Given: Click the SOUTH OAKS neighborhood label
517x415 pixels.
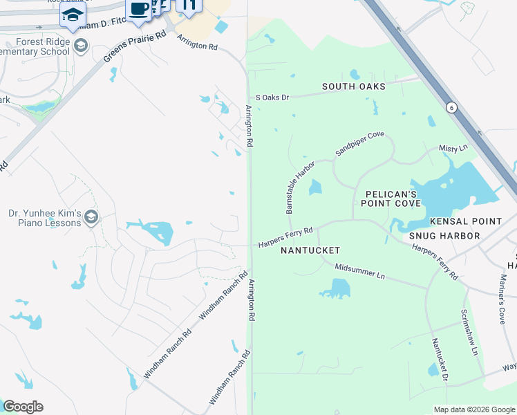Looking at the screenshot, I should click(353, 86).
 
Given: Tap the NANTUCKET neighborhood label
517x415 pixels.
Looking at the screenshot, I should click(310, 250).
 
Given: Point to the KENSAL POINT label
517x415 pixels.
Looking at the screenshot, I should click(465, 221).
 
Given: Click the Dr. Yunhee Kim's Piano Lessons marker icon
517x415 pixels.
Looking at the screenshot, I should click(91, 219).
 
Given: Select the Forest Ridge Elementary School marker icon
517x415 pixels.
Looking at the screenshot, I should click(81, 46).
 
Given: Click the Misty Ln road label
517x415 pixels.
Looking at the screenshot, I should click(453, 149).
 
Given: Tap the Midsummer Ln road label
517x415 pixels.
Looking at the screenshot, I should click(359, 272).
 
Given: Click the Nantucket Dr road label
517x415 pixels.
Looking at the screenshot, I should click(440, 360).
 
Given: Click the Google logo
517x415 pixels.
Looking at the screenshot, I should click(23, 407).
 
